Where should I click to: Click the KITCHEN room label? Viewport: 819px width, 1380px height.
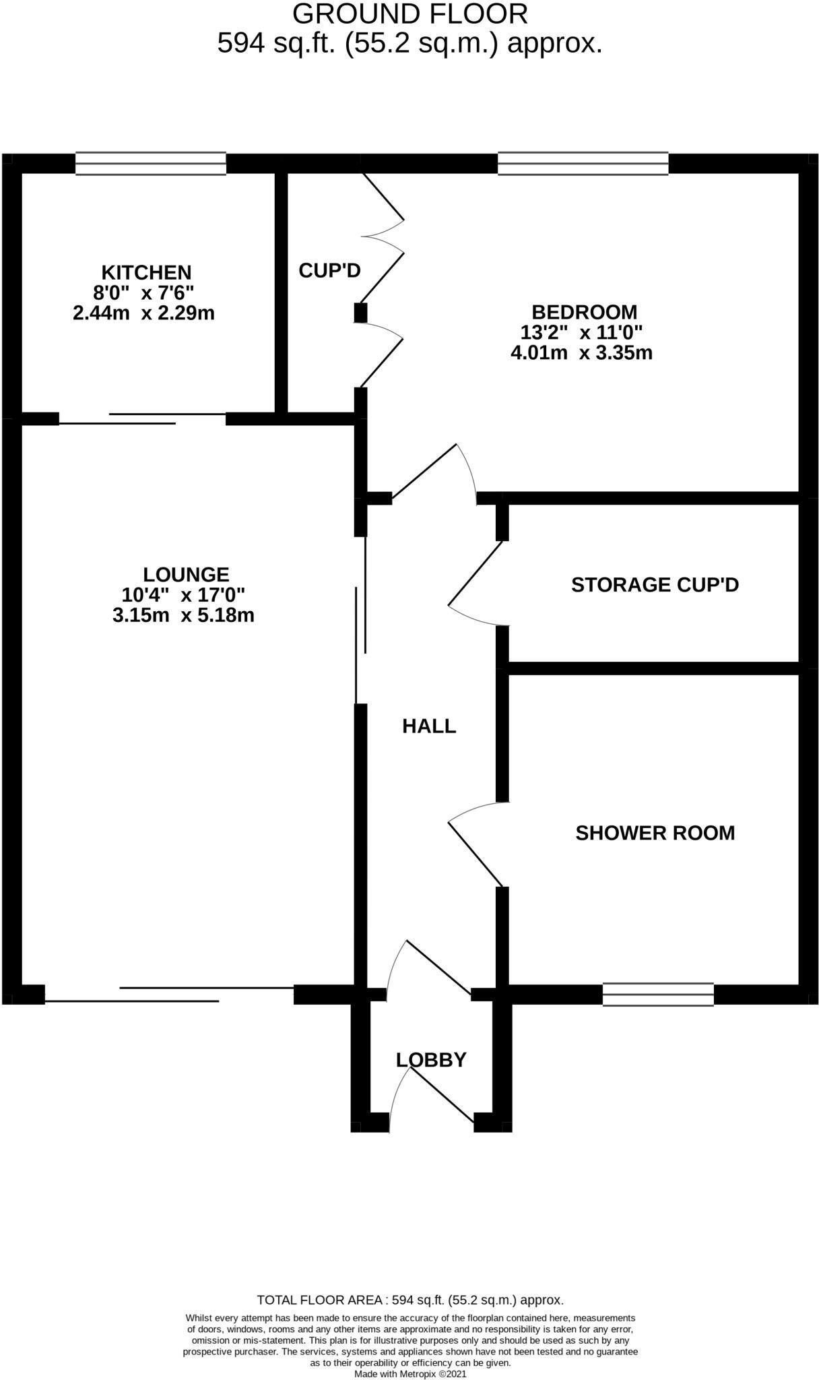click(146, 272)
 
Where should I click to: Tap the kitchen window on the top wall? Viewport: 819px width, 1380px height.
click(150, 164)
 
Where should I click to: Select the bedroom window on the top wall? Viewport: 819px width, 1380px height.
click(583, 164)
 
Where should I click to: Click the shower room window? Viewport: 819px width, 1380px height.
click(657, 995)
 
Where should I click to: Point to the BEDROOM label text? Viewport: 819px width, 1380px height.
click(584, 312)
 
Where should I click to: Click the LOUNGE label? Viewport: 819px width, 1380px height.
click(186, 575)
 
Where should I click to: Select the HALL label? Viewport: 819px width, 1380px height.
click(429, 726)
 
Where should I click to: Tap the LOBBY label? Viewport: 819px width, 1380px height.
click(431, 1060)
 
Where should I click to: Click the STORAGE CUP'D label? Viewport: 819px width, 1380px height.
click(655, 584)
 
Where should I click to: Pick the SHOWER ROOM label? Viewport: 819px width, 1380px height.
click(655, 833)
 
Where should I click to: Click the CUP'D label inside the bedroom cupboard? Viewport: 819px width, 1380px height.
click(329, 270)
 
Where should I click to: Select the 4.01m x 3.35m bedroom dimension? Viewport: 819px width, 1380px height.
click(581, 352)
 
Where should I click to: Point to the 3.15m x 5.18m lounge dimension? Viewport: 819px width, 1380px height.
click(183, 615)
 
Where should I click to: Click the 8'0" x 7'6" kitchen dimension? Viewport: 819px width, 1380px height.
click(143, 292)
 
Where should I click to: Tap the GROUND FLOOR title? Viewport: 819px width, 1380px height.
click(409, 14)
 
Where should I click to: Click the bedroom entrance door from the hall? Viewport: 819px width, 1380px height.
click(424, 472)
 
